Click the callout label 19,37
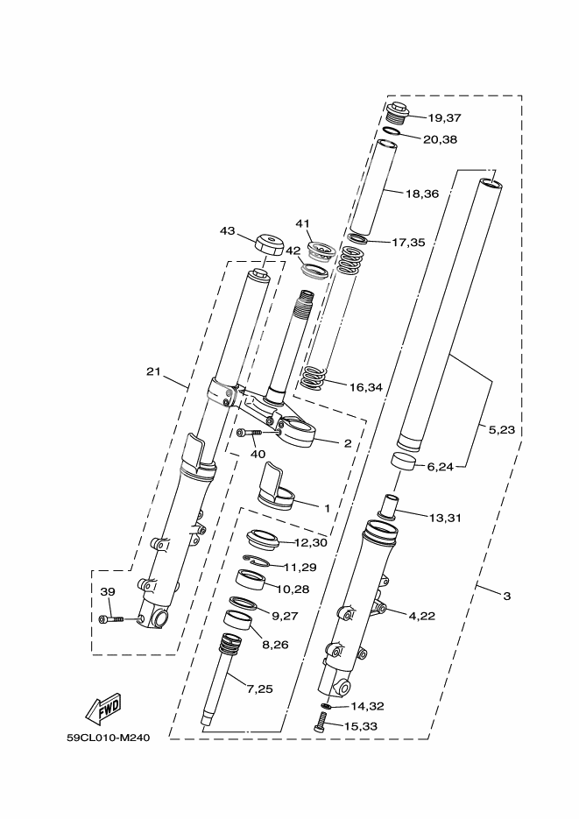tap(443, 118)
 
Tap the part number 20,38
tap(440, 139)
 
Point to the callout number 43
tap(228, 231)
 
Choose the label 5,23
tap(504, 430)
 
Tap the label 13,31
tap(442, 518)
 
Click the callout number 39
tap(107, 592)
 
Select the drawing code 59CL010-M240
tap(109, 738)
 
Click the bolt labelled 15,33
tap(321, 723)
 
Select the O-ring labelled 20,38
tap(392, 132)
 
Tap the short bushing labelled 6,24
tap(403, 463)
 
